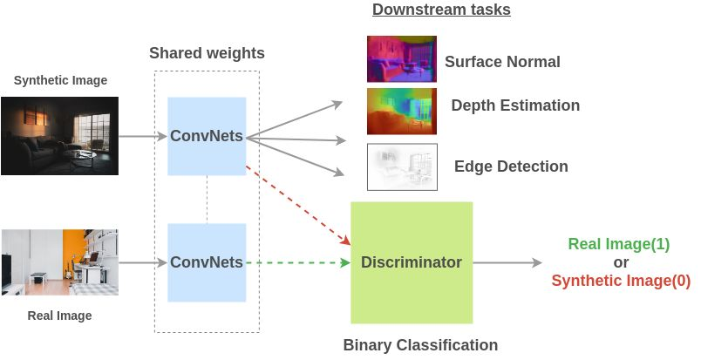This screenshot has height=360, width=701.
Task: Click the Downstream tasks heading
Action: tap(441, 10)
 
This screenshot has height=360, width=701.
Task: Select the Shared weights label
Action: tap(207, 54)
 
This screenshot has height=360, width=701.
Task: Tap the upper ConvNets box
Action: tap(207, 135)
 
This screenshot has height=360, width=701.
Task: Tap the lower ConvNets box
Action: tap(207, 262)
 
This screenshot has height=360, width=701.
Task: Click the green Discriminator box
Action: tap(412, 262)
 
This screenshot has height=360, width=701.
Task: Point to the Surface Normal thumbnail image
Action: tap(401, 59)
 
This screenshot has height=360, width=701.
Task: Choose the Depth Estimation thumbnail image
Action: tap(401, 111)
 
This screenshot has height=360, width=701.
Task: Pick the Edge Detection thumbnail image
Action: tap(401, 166)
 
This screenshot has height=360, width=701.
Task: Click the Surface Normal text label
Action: tap(502, 62)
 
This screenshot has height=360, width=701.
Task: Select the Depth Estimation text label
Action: tap(515, 105)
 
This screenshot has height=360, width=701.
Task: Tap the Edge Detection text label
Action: tap(511, 166)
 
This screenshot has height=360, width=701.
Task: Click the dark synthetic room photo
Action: tap(59, 136)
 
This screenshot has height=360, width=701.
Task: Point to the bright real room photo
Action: tap(59, 262)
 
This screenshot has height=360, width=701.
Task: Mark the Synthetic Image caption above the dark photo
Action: tap(61, 81)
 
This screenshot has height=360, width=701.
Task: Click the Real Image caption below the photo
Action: tap(60, 316)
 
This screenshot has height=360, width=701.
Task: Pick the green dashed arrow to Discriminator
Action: tap(296, 262)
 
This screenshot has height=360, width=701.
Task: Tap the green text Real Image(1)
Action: tap(619, 244)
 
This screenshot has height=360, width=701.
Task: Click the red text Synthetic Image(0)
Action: tap(621, 281)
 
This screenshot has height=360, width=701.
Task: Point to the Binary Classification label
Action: tap(420, 345)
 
